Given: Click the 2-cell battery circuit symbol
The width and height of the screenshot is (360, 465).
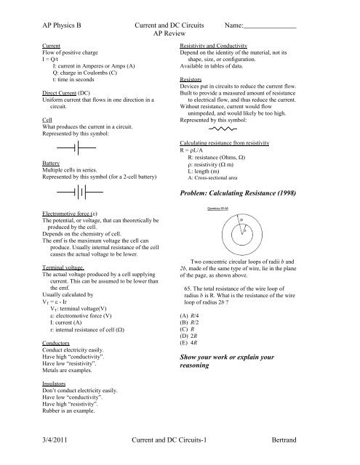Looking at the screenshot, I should coord(78,193).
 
